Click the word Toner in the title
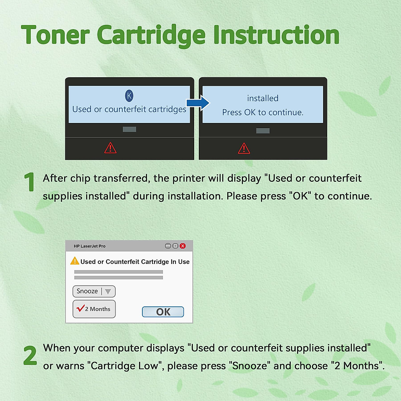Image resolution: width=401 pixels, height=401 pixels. pos(55,35)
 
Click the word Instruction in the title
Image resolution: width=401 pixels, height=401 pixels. pos(276,35)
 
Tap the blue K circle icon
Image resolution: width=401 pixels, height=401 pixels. pos(129,96)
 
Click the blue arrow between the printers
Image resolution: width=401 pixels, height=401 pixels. pos(198,103)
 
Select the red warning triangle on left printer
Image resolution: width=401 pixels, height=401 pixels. pos(110,148)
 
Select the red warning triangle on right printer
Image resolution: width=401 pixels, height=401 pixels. pos(244,148)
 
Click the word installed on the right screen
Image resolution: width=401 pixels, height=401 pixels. pos(263,98)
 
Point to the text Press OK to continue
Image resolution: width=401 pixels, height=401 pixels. pos(263,112)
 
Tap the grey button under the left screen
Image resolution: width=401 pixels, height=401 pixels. pos(129,129)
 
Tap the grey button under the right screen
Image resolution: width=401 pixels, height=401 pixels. pos(263,131)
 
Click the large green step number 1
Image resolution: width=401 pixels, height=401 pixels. pos(30,182)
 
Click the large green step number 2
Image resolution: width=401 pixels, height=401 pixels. pos(30,355)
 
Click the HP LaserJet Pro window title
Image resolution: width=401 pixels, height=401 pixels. pos(90,246)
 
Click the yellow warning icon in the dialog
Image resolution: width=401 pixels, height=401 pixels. pos(75,261)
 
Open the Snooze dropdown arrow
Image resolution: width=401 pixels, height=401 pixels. pos(108,291)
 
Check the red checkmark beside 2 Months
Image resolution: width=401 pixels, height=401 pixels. pos(80,308)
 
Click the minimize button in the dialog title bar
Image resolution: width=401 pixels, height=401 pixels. pos(168,246)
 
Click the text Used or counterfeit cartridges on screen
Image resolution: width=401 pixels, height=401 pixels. pos(129,109)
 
